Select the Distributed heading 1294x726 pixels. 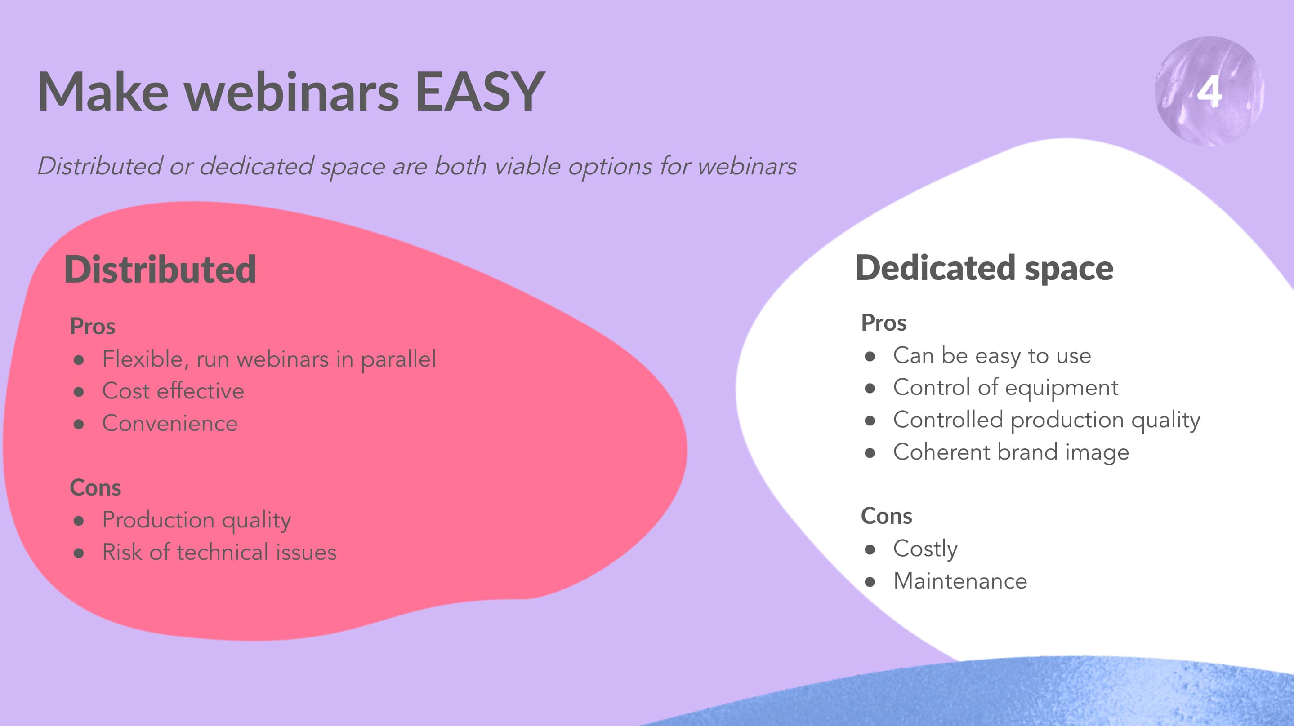(160, 269)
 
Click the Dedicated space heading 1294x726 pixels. (984, 268)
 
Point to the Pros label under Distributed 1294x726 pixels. (93, 326)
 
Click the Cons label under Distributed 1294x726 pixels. (95, 487)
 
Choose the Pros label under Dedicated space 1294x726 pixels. (884, 323)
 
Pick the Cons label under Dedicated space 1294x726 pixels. (887, 516)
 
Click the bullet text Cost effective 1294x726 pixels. (173, 390)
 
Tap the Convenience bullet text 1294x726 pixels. (170, 423)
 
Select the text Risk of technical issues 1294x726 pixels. (219, 552)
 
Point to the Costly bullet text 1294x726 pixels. (925, 549)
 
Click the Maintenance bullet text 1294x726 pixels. (960, 581)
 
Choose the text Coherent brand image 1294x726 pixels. (1011, 452)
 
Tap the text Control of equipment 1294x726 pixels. (1006, 388)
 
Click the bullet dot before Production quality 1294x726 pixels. (78, 521)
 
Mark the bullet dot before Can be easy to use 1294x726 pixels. (870, 356)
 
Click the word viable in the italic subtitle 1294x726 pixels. (527, 166)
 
